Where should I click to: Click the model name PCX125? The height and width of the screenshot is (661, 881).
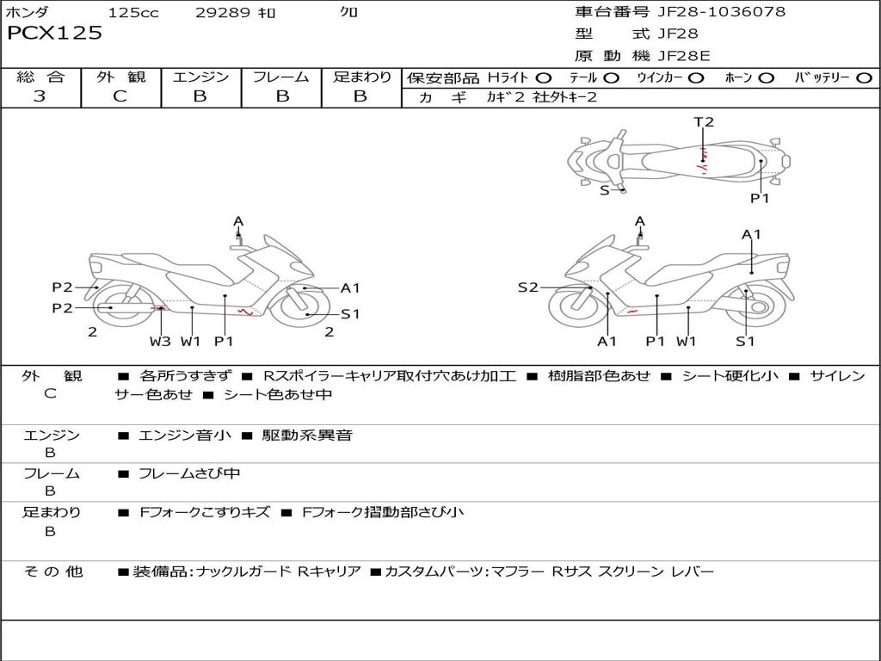pyautogui.click(x=54, y=33)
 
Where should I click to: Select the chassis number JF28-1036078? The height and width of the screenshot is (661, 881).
pyautogui.click(x=722, y=12)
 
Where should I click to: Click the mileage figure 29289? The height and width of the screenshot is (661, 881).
pyautogui.click(x=222, y=12)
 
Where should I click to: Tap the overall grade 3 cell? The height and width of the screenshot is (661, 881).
pyautogui.click(x=40, y=96)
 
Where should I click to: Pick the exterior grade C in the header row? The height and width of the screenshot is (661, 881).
pyautogui.click(x=120, y=96)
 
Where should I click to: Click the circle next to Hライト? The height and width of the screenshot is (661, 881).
pyautogui.click(x=544, y=78)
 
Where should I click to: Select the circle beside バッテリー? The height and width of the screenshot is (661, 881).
pyautogui.click(x=864, y=78)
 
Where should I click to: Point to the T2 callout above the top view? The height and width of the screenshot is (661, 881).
pyautogui.click(x=704, y=122)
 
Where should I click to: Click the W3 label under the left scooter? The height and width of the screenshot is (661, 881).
pyautogui.click(x=160, y=341)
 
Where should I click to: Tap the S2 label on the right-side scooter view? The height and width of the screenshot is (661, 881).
pyautogui.click(x=527, y=287)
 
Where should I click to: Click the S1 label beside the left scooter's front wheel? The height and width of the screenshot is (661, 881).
pyautogui.click(x=350, y=314)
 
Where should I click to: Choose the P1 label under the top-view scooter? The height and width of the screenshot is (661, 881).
pyautogui.click(x=760, y=198)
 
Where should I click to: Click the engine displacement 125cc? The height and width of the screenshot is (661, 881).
pyautogui.click(x=133, y=12)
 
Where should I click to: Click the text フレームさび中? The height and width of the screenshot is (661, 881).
pyautogui.click(x=189, y=474)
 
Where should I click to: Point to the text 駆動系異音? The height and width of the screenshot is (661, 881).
pyautogui.click(x=307, y=435)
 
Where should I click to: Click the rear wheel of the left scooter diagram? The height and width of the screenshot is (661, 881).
pyautogui.click(x=121, y=306)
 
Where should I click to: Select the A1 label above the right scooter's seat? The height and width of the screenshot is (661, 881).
pyautogui.click(x=751, y=234)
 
